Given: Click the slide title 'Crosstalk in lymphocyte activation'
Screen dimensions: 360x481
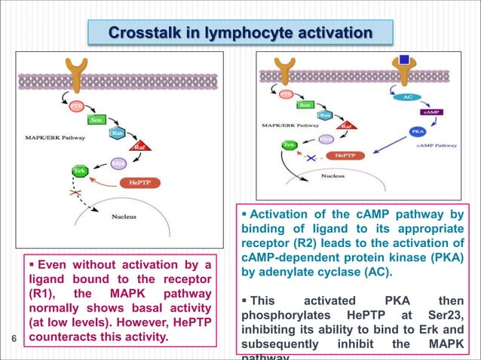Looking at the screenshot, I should (240, 33).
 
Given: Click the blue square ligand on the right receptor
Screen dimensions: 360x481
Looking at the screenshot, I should (405, 58).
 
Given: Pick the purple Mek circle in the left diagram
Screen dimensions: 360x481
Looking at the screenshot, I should (118, 163).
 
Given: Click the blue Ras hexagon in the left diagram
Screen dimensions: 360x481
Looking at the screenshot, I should (118, 133).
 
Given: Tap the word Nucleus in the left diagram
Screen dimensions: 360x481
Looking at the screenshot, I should (124, 218).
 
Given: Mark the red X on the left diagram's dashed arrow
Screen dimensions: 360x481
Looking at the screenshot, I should (75, 194).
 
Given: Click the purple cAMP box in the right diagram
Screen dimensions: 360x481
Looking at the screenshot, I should (431, 111).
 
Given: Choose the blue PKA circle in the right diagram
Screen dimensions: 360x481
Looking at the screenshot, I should (417, 131).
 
